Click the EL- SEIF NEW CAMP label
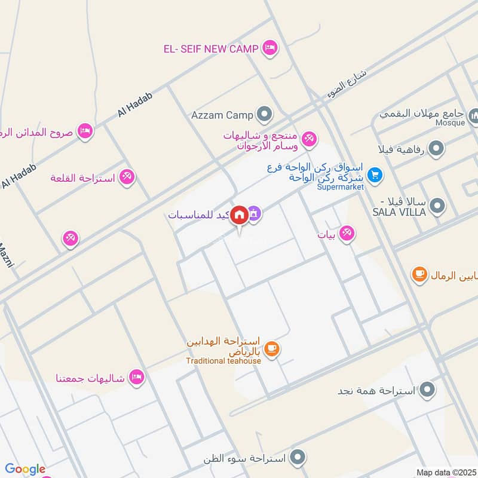[x=211, y=48]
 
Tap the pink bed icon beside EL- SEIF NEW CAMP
[x=270, y=48]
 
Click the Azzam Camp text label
[x=222, y=114]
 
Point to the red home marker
[x=240, y=214]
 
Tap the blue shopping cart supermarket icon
[x=375, y=175]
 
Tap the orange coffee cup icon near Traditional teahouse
[x=271, y=348]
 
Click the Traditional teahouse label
[x=223, y=360]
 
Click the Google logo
[x=25, y=469]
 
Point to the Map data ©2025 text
[x=445, y=472]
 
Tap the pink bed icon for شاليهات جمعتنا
[x=137, y=378]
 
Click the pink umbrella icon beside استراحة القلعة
[x=127, y=177]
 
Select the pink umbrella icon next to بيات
[x=347, y=235]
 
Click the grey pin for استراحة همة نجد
[x=427, y=391]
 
